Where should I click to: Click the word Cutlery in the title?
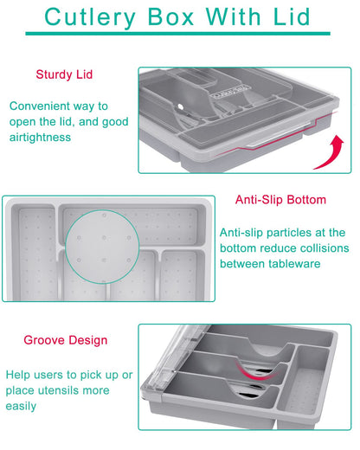pyautogui.click(x=90, y=17)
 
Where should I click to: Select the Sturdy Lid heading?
pyautogui.click(x=64, y=74)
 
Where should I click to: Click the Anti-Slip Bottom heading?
pyautogui.click(x=280, y=200)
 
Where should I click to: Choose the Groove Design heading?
pyautogui.click(x=66, y=340)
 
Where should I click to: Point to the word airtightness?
pyautogui.click(x=40, y=138)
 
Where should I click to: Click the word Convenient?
pyautogui.click(x=39, y=106)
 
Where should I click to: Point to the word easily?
pyautogui.click(x=21, y=407)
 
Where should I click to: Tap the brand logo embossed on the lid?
pyautogui.click(x=230, y=92)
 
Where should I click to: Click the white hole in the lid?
pyautogui.click(x=181, y=106)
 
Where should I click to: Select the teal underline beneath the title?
pyautogui.click(x=177, y=34)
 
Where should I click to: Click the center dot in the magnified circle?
pyautogui.click(x=104, y=238)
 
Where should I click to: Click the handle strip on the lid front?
pyautogui.click(x=279, y=137)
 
